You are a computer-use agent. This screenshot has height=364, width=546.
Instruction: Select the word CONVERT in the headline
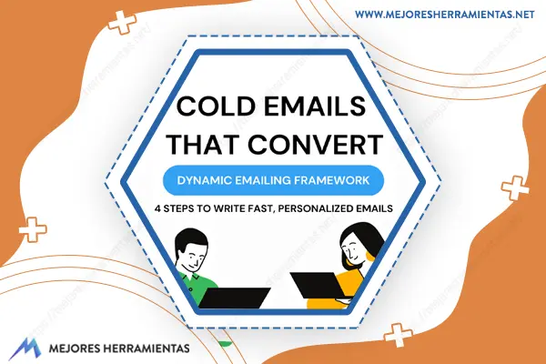point(316,144)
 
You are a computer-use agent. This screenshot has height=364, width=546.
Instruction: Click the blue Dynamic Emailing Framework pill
point(273,180)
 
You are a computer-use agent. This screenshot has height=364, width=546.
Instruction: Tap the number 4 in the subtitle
point(157,208)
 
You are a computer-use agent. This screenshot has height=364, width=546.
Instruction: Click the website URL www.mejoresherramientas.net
point(445,15)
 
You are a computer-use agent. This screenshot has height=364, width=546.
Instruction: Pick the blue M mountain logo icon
point(25,349)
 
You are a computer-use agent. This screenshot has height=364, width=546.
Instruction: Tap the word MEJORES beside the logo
point(75,349)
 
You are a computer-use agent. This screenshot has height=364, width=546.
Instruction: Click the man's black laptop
point(234,298)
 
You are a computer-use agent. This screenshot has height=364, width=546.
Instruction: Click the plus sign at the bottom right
point(399,335)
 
